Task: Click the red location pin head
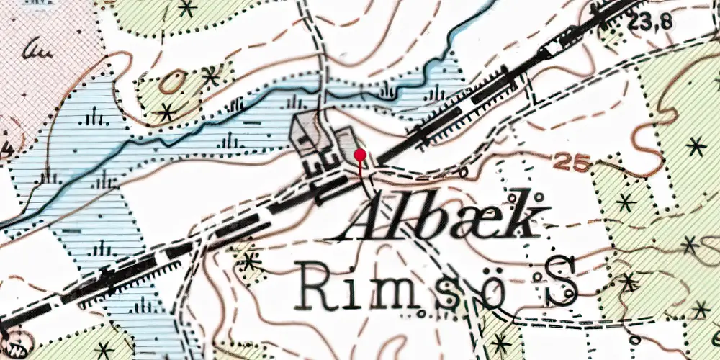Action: (x=360, y=154)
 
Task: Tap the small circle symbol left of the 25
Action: (x=462, y=172)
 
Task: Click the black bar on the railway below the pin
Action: (x=333, y=189)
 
